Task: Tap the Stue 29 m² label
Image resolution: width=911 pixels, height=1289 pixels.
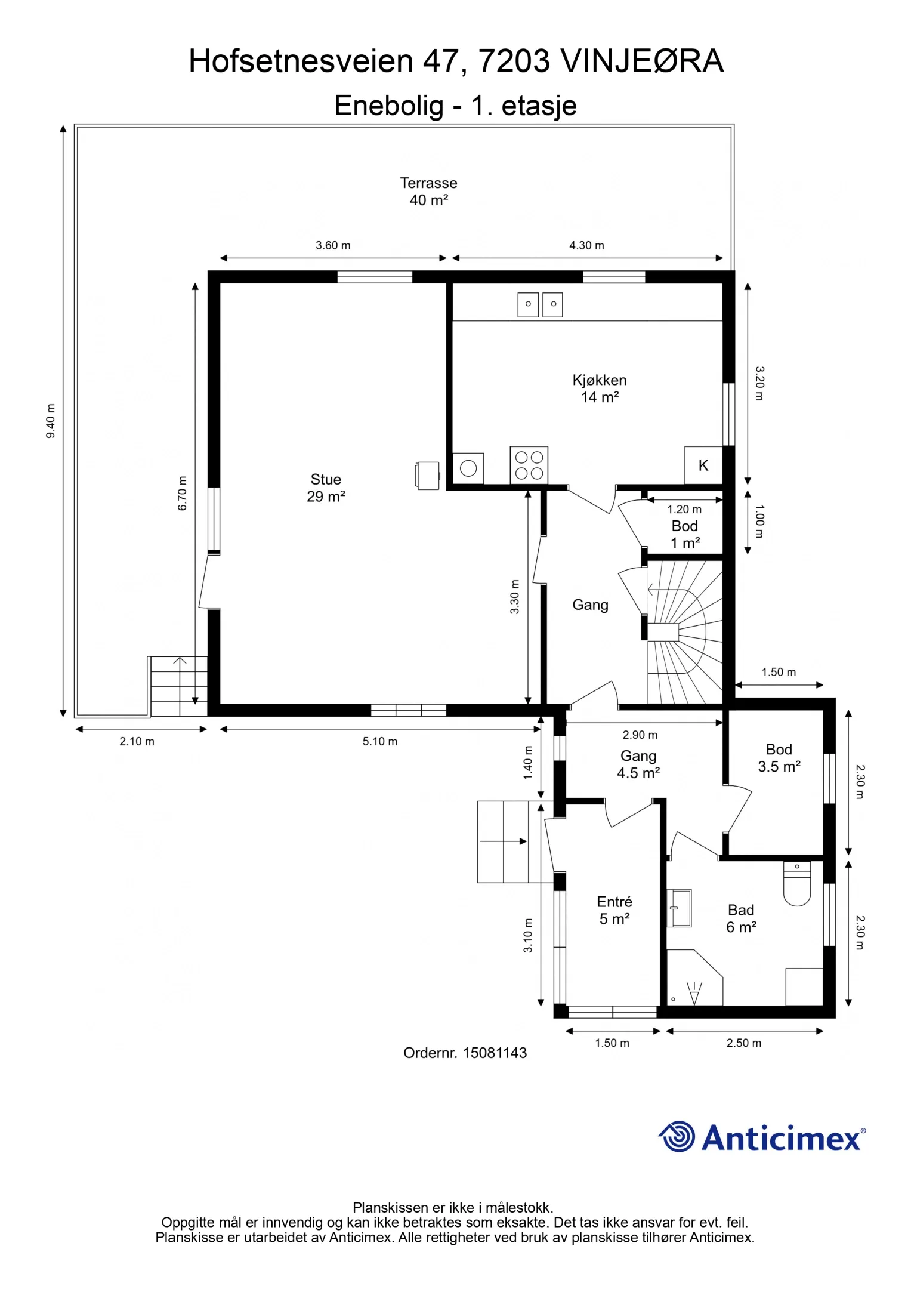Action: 326,488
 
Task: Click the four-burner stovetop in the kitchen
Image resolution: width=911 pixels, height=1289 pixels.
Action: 529,465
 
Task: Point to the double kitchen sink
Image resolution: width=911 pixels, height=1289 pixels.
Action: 540,304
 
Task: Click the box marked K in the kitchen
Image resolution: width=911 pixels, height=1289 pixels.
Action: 703,465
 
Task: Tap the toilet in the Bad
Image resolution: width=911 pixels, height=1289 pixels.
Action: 797,884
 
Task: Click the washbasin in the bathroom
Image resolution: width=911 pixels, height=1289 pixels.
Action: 679,908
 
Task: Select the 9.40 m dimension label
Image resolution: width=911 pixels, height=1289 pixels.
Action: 51,421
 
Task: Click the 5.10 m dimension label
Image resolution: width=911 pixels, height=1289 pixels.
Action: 380,741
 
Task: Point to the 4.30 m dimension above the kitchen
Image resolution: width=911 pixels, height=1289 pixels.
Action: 586,245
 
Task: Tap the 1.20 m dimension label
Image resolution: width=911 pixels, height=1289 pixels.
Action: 684,509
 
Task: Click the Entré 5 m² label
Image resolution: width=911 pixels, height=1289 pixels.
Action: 614,910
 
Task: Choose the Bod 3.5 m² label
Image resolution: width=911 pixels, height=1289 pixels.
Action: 779,758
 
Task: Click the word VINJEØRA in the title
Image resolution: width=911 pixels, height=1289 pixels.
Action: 642,61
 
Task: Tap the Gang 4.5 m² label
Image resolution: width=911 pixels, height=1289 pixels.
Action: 638,764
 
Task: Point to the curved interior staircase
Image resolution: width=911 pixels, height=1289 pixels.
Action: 685,633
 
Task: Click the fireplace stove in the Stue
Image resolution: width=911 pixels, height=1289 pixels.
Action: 428,476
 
